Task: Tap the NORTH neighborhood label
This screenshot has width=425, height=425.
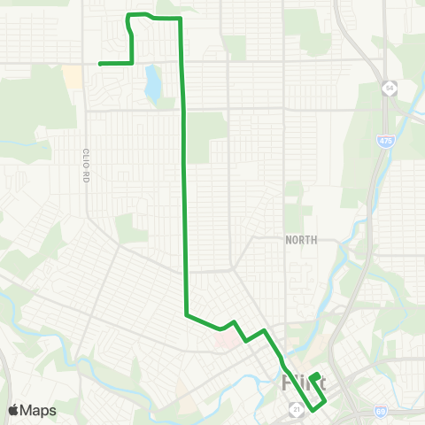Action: pos(301,240)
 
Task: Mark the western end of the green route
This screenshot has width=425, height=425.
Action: pos(99,64)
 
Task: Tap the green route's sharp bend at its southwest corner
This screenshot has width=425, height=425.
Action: pos(186,313)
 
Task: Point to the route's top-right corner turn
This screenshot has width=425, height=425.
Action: pos(181,19)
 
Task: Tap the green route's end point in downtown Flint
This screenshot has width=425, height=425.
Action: pos(316,375)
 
